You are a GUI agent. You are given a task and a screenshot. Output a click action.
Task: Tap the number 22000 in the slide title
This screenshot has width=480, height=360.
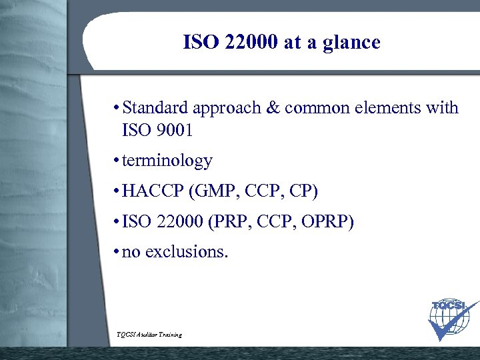pyautogui.click(x=247, y=43)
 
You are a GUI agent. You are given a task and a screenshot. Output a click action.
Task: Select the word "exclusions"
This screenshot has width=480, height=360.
pyautogui.click(x=186, y=252)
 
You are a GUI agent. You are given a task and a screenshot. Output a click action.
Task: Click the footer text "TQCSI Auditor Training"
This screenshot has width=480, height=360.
pyautogui.click(x=149, y=334)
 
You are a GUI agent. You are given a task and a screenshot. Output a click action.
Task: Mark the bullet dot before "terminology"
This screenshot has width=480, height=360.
pyautogui.click(x=116, y=161)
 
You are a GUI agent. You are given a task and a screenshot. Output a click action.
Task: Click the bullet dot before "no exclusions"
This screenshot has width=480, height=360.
pyautogui.click(x=116, y=252)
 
